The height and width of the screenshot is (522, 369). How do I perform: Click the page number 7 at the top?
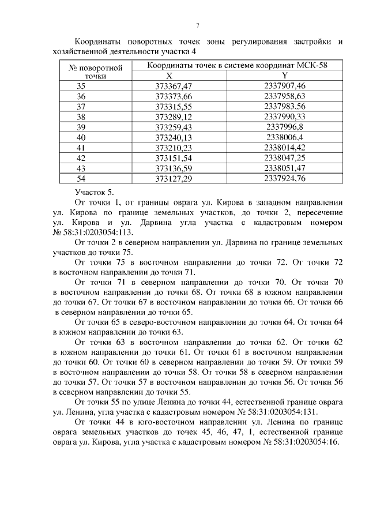(x=197, y=26)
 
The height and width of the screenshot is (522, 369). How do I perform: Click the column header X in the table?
(x=168, y=76)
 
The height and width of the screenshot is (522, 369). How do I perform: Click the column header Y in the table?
(x=285, y=76)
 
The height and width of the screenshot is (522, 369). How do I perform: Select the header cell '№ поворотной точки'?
(x=96, y=71)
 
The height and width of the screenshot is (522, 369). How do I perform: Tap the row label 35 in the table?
(x=81, y=85)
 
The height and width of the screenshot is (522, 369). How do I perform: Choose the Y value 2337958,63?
(x=284, y=96)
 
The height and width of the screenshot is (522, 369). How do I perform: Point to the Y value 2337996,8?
(x=284, y=127)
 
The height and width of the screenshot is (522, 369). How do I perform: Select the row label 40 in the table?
(x=81, y=137)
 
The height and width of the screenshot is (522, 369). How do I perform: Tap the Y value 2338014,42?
(x=284, y=148)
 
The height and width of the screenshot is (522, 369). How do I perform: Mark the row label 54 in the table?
(x=81, y=179)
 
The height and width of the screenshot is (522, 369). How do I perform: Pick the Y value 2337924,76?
(x=284, y=179)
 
